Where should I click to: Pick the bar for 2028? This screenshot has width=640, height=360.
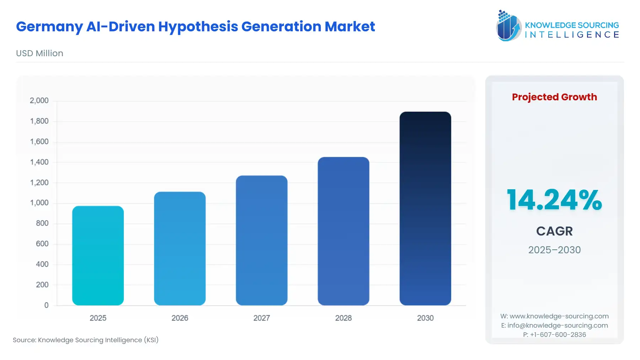pyautogui.click(x=343, y=231)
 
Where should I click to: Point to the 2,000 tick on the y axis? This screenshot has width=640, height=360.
pyautogui.click(x=39, y=101)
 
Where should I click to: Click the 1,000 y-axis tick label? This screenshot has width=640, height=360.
pyautogui.click(x=39, y=203)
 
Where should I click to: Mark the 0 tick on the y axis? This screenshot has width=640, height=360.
pyautogui.click(x=46, y=305)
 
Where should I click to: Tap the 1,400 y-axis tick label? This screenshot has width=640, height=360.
pyautogui.click(x=39, y=162)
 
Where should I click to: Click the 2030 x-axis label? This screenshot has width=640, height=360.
pyautogui.click(x=425, y=318)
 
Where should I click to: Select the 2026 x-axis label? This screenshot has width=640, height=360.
pyautogui.click(x=180, y=318)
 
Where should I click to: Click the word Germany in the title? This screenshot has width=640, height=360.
pyautogui.click(x=49, y=27)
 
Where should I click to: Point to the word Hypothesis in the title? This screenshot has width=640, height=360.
pyautogui.click(x=198, y=27)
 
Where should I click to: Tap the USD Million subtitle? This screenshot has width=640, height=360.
pyautogui.click(x=39, y=53)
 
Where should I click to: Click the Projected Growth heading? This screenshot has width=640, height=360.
pyautogui.click(x=554, y=97)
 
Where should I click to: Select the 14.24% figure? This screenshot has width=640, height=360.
pyautogui.click(x=554, y=200)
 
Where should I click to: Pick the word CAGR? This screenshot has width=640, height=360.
pyautogui.click(x=554, y=231)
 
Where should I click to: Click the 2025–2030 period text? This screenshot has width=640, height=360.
pyautogui.click(x=554, y=250)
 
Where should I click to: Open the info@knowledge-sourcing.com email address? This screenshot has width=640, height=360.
pyautogui.click(x=558, y=325)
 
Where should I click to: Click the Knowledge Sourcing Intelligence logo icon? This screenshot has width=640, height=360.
pyautogui.click(x=508, y=26)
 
